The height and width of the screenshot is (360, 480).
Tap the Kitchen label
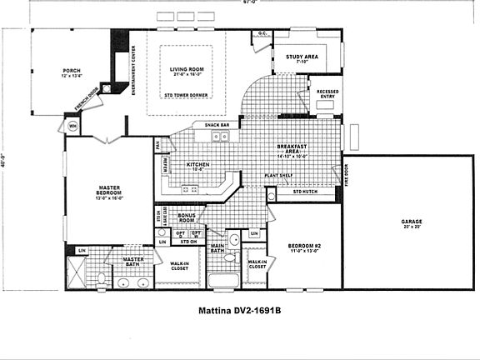[197, 165]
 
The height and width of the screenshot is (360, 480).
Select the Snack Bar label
[206, 126]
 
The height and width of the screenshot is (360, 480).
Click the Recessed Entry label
[322, 92]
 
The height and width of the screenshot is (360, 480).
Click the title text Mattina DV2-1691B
[240, 312]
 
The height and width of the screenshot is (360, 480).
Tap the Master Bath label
[132, 262]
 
